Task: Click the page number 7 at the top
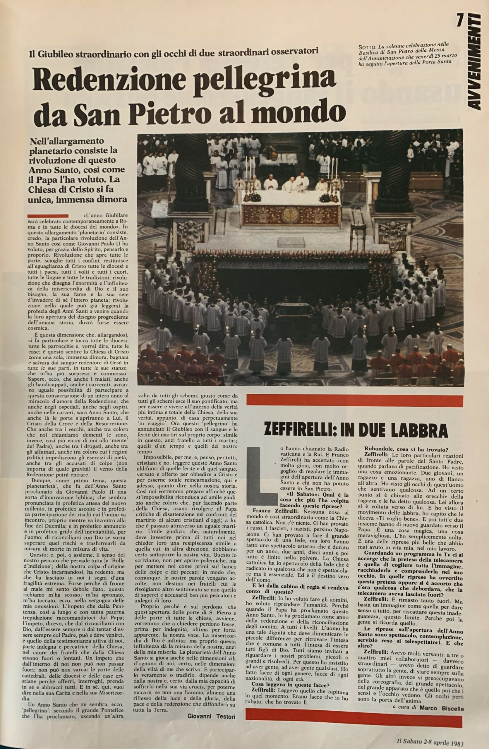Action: [x=460, y=21]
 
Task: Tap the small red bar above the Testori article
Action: [x=48, y=216]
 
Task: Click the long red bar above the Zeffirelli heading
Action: [x=355, y=400]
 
